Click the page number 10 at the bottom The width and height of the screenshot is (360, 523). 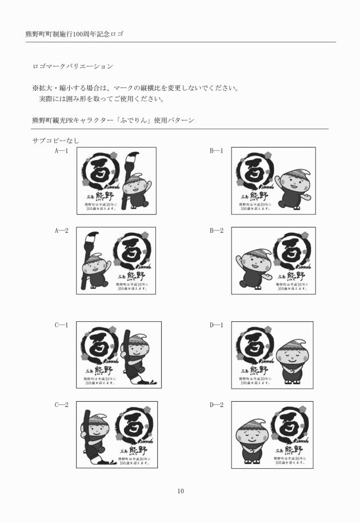point(180,491)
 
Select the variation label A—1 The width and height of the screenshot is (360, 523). point(62,151)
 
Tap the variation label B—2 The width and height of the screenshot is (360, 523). point(217,231)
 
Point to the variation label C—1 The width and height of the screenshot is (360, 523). point(62,325)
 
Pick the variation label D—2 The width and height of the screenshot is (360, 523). point(217,405)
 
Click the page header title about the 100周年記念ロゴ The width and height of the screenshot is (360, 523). point(75,34)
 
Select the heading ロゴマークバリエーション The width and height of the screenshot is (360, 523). point(73,67)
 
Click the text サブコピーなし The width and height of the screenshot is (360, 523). point(56,140)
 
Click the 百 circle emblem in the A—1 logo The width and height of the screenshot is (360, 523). point(101,170)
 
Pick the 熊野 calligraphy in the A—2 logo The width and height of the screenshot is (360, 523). point(133,276)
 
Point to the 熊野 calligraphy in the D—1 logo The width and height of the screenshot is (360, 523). point(256,370)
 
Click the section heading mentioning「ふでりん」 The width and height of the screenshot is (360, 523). point(113,121)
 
